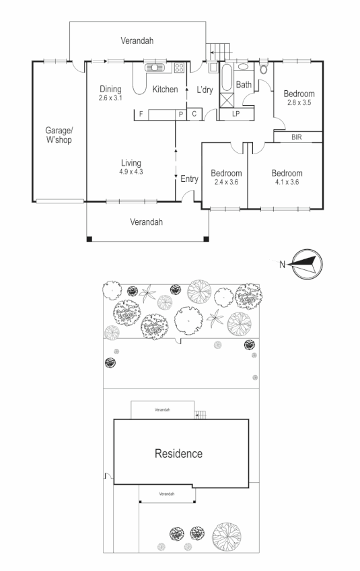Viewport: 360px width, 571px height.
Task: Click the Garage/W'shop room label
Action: [59, 135]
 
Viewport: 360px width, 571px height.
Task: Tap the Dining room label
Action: [110, 89]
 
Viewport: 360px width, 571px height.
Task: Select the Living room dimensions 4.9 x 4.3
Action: [132, 172]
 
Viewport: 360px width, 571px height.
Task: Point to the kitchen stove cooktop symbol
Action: [180, 67]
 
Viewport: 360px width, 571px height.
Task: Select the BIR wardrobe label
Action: [296, 137]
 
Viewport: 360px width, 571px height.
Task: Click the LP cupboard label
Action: [236, 114]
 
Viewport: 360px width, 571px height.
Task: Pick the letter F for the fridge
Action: [140, 114]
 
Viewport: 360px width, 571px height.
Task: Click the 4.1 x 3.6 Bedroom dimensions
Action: [287, 182]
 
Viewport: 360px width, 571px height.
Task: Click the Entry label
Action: [190, 178]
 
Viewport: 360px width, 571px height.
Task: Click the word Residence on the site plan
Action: [178, 453]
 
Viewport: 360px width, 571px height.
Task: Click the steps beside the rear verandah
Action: [219, 50]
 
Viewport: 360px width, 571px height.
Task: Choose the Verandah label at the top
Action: [137, 41]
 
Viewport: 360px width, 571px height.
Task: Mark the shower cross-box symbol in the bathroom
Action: [227, 102]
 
